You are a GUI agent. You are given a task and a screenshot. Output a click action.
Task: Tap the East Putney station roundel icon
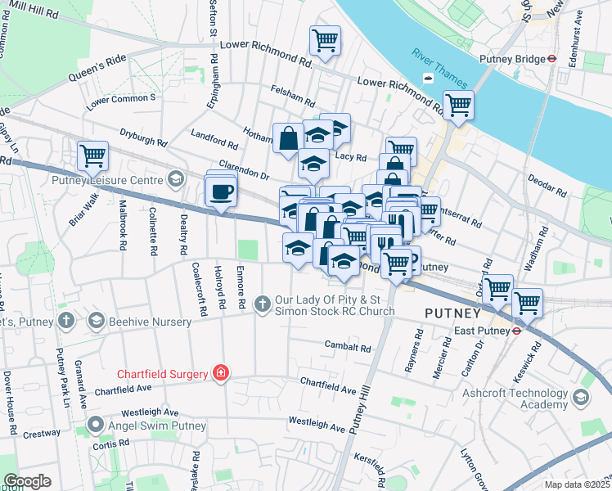coord(517,331)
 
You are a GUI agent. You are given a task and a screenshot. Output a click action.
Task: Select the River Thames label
coord(440,69)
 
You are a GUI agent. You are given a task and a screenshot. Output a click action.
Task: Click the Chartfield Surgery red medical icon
coord(219,373)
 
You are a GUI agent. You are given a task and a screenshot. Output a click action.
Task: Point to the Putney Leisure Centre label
coord(107,179)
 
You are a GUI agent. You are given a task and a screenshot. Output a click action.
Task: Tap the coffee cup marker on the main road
coord(221,193)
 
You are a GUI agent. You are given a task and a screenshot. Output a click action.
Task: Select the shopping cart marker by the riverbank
coord(458,105)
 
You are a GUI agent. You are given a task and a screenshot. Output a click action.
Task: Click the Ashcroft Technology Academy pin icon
coord(581,398)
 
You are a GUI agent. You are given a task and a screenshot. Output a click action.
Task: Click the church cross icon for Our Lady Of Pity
coord(263,304)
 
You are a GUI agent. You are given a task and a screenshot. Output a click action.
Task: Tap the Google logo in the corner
coord(27,481)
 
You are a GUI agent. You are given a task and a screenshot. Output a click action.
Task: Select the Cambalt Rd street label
coord(341,346)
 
